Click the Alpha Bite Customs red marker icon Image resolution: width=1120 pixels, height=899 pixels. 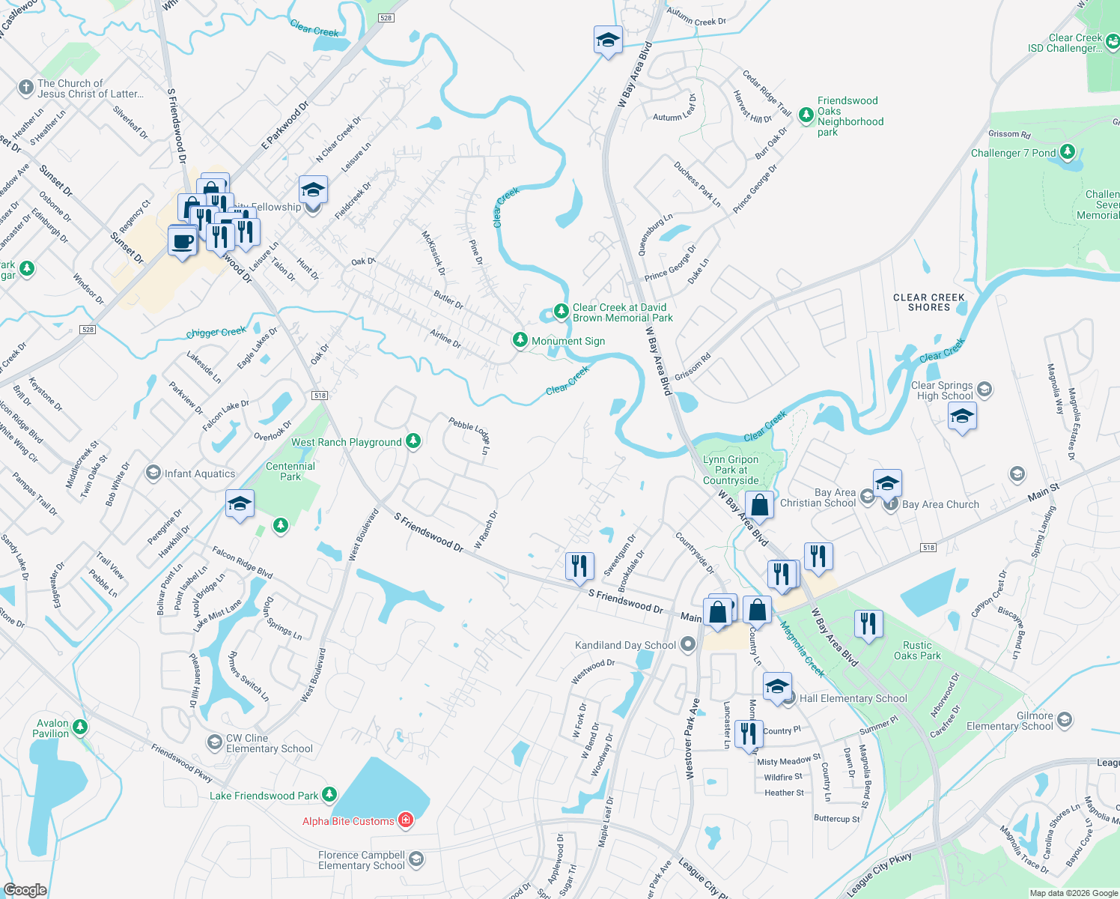click(x=406, y=820)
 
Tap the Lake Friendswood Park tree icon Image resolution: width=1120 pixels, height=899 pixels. click(x=329, y=795)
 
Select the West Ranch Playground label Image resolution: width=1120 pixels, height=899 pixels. click(x=346, y=443)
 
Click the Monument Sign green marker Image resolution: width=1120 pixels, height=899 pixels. click(x=520, y=340)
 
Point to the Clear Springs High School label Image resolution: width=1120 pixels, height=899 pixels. click(x=944, y=390)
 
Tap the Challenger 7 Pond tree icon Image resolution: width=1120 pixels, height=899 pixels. click(x=1068, y=152)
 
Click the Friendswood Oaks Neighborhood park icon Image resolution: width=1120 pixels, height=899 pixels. click(x=806, y=115)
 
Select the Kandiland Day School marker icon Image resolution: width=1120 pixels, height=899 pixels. click(x=687, y=645)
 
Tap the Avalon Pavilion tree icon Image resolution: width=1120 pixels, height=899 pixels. click(x=80, y=727)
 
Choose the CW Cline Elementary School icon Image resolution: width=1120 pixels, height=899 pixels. click(x=214, y=742)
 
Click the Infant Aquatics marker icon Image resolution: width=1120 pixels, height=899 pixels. click(x=153, y=473)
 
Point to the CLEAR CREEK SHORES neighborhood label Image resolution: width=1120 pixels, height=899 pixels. click(x=928, y=302)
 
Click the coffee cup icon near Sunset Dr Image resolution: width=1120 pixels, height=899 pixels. click(x=182, y=242)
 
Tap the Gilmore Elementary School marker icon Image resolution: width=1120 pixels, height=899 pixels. click(x=1065, y=720)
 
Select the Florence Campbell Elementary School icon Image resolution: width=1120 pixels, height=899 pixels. click(x=416, y=859)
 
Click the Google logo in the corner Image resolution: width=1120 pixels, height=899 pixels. click(x=25, y=889)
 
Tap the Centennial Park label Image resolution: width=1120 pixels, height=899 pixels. click(x=290, y=471)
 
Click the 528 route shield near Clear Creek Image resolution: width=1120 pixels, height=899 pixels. click(x=386, y=17)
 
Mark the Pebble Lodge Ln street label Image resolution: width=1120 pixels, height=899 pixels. click(x=469, y=436)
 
